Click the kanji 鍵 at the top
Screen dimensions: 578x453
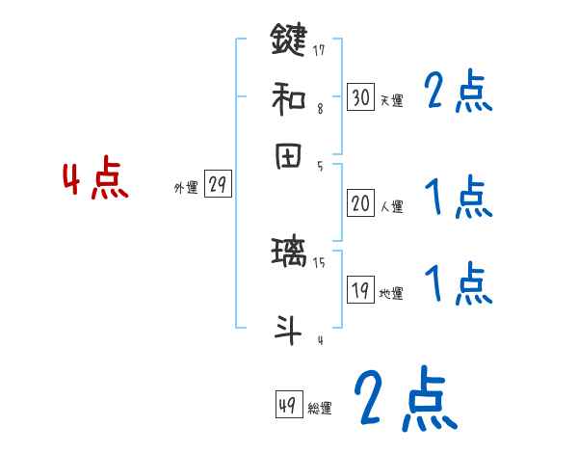pyautogui.click(x=289, y=40)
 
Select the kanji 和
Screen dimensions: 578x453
pyautogui.click(x=289, y=97)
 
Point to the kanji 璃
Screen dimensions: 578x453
pyautogui.click(x=289, y=255)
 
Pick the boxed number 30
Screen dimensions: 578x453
pyautogui.click(x=360, y=96)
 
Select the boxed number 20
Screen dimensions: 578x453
pyautogui.click(x=360, y=203)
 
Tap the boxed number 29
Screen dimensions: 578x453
pyautogui.click(x=218, y=185)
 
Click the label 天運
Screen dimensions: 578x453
pyautogui.click(x=391, y=100)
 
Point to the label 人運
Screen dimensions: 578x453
pyautogui.click(x=391, y=206)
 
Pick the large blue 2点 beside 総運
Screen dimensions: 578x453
pyautogui.click(x=404, y=399)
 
